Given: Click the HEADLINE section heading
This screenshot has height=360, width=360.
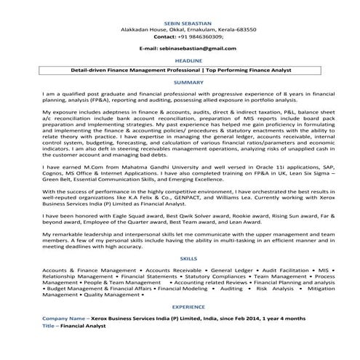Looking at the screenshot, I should coord(179,61).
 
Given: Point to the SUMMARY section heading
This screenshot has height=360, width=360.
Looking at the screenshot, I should coord(179,83).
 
